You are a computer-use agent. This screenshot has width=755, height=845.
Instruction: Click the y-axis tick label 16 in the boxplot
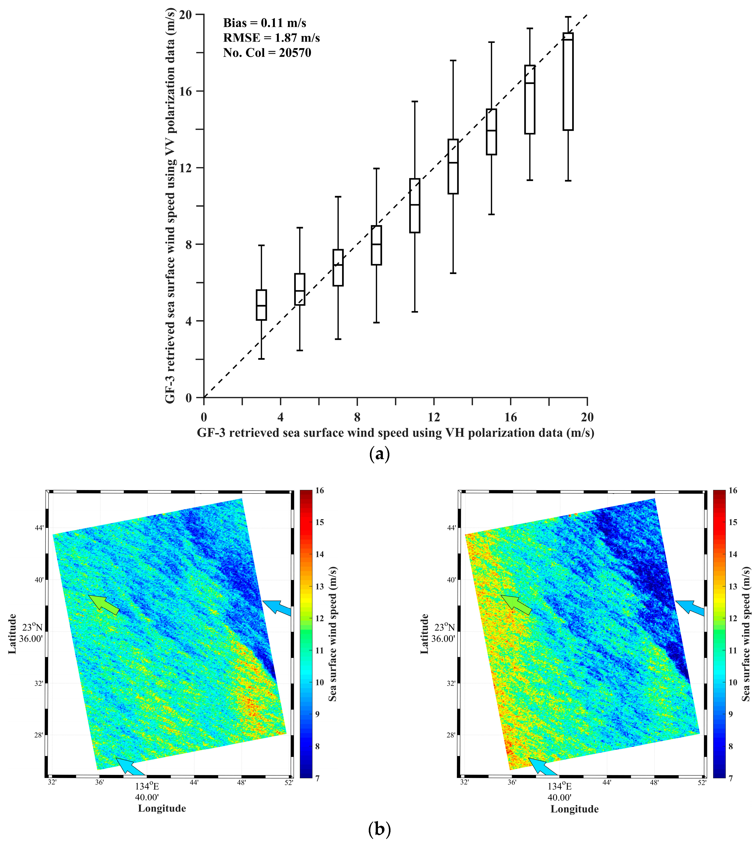(186, 91)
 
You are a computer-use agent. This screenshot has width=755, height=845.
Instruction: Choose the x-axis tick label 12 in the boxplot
(434, 417)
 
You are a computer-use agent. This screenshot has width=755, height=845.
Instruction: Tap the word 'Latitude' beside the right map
(424, 634)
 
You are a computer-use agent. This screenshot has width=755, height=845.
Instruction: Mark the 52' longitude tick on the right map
(702, 783)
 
